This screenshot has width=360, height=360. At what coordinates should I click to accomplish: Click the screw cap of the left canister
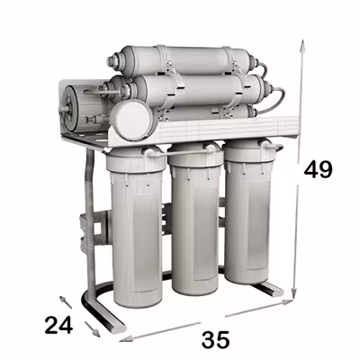click(132, 162)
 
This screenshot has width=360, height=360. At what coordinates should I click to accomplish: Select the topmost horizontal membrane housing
click(189, 58)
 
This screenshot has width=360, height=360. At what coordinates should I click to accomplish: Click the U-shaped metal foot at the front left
click(99, 310)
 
